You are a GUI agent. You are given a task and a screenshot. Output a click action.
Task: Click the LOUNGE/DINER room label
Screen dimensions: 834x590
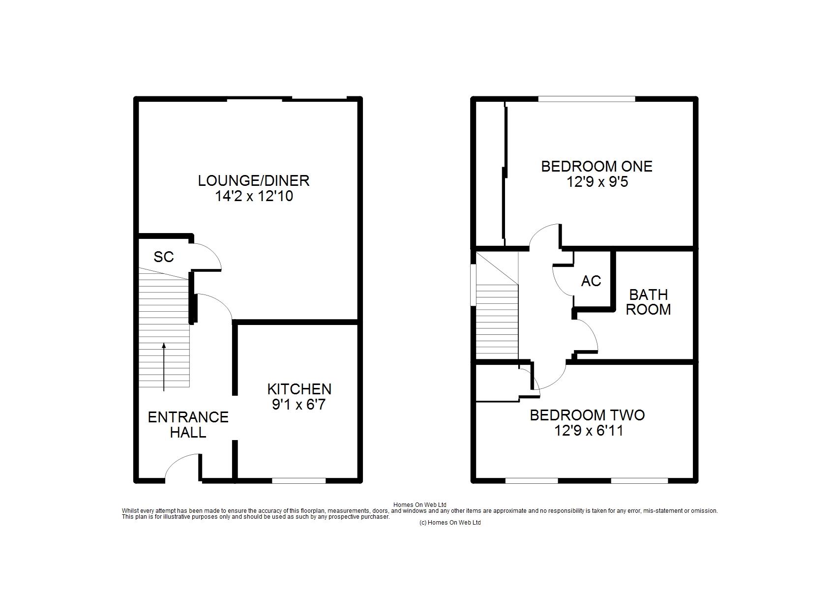pos(254,180)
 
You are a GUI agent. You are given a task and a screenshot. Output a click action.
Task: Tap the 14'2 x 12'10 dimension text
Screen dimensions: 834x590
pos(254,196)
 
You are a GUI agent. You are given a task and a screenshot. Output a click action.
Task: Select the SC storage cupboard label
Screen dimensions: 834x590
pos(164,257)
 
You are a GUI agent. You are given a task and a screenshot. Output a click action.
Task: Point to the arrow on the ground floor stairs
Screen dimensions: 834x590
pos(164,367)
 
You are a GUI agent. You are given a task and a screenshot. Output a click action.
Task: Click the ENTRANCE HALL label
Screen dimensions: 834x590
pos(188,425)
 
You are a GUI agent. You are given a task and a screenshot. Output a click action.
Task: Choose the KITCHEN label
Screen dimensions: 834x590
pos(299,389)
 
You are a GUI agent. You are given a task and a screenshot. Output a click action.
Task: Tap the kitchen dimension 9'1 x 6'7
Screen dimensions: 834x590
pos(299,404)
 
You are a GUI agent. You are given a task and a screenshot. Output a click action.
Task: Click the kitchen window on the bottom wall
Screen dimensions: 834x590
pos(299,480)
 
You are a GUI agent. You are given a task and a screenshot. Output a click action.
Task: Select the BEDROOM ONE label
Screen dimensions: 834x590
pos(597,166)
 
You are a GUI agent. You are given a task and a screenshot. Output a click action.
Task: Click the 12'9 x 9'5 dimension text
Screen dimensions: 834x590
pos(597,181)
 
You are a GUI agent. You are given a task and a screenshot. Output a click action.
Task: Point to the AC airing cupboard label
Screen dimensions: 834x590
pos(591,281)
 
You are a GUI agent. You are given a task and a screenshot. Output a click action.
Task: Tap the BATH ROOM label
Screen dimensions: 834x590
pos(648,302)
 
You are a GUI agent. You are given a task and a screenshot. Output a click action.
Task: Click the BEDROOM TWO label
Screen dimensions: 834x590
pos(587,415)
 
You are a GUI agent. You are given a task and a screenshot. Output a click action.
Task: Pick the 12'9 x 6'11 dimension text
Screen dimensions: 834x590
pos(589,431)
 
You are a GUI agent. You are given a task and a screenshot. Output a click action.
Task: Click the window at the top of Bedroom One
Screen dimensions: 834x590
pos(587,99)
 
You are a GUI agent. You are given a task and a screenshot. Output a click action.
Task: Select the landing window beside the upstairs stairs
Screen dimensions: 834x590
pos(473,285)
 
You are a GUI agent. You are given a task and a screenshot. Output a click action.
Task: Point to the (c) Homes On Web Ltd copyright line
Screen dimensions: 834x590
pos(450,523)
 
